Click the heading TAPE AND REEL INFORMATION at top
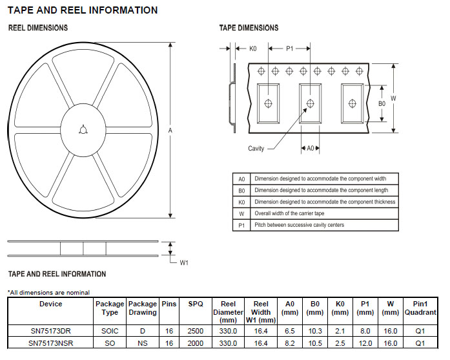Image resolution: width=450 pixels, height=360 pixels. pos(82,10)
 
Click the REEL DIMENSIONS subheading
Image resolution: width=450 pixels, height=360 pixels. pos(37,28)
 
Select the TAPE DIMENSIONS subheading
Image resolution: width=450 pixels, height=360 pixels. pos(249,28)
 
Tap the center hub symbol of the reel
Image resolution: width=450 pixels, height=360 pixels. pos(82,130)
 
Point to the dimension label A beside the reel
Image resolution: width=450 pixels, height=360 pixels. pos(170,131)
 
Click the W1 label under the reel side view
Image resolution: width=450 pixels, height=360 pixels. pos(183,262)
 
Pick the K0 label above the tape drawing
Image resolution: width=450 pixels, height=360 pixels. pos(253,48)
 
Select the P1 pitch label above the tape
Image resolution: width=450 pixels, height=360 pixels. pos(290,48)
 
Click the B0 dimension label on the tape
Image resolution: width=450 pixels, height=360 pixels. pos(382,103)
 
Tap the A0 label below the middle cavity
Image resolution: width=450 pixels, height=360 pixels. pos(310,149)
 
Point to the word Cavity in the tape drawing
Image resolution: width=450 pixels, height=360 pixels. pos(256,149)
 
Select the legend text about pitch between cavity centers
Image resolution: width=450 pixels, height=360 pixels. pos(299,225)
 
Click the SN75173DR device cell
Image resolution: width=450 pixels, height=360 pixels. pos(50,330)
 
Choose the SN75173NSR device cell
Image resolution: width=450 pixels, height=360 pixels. pos(50,343)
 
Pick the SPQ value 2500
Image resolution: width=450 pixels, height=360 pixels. pos(195,330)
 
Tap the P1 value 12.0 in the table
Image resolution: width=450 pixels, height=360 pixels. pos(365,343)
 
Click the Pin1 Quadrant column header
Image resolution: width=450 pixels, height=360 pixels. pos(420,308)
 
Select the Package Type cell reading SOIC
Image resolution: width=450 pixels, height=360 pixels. pos(110,330)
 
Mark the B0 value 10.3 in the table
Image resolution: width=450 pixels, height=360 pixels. pos(314,330)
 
